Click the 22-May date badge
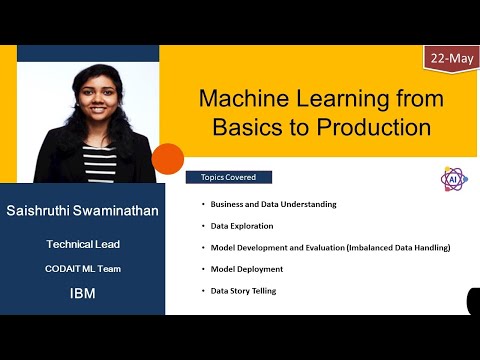pyautogui.click(x=451, y=58)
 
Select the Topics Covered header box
pyautogui.click(x=228, y=177)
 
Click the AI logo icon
pyautogui.click(x=454, y=178)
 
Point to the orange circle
pyautogui.click(x=168, y=159)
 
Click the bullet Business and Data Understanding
pyautogui.click(x=273, y=204)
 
